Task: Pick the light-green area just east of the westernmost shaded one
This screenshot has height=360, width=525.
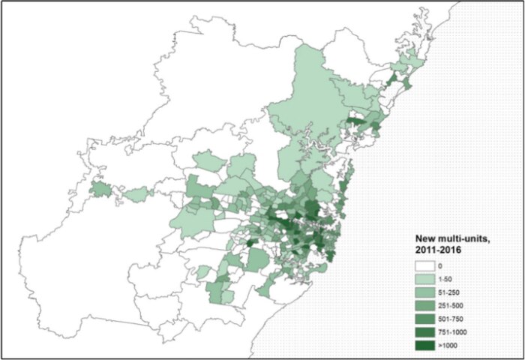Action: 138,194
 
